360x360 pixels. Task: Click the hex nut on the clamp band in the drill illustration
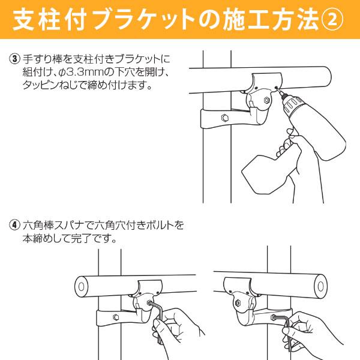[x=224, y=117]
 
